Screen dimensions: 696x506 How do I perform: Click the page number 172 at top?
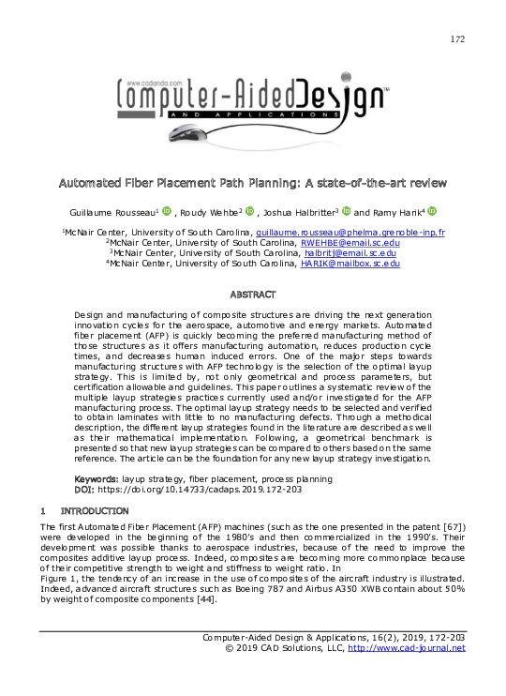tap(457, 39)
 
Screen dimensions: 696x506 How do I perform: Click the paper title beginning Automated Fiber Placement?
tap(252, 181)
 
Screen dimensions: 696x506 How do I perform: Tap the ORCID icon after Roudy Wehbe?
tap(250, 211)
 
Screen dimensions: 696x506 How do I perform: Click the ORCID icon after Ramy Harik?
tap(432, 211)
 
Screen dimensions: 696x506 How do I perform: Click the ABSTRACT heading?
tap(252, 295)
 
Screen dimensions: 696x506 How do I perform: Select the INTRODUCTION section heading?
tap(95, 511)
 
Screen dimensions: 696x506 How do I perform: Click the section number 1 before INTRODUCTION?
tap(43, 511)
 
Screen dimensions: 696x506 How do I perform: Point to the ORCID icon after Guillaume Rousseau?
tap(167, 211)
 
